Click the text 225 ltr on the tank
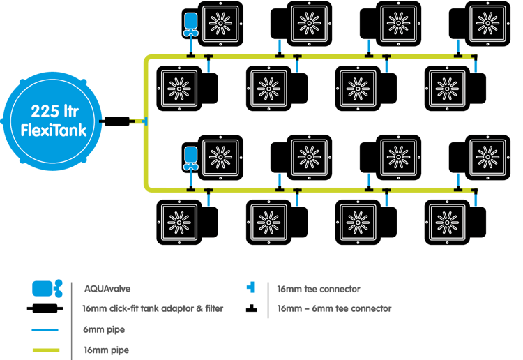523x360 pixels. tap(53, 110)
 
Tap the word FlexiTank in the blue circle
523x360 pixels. tap(54, 130)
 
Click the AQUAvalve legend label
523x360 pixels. tap(107, 287)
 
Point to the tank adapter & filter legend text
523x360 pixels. tap(153, 308)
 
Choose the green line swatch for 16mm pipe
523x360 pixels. tap(45, 350)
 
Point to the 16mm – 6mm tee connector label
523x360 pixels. tap(333, 308)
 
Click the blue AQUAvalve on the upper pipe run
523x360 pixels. tap(190, 23)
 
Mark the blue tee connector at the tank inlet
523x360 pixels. tap(144, 121)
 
